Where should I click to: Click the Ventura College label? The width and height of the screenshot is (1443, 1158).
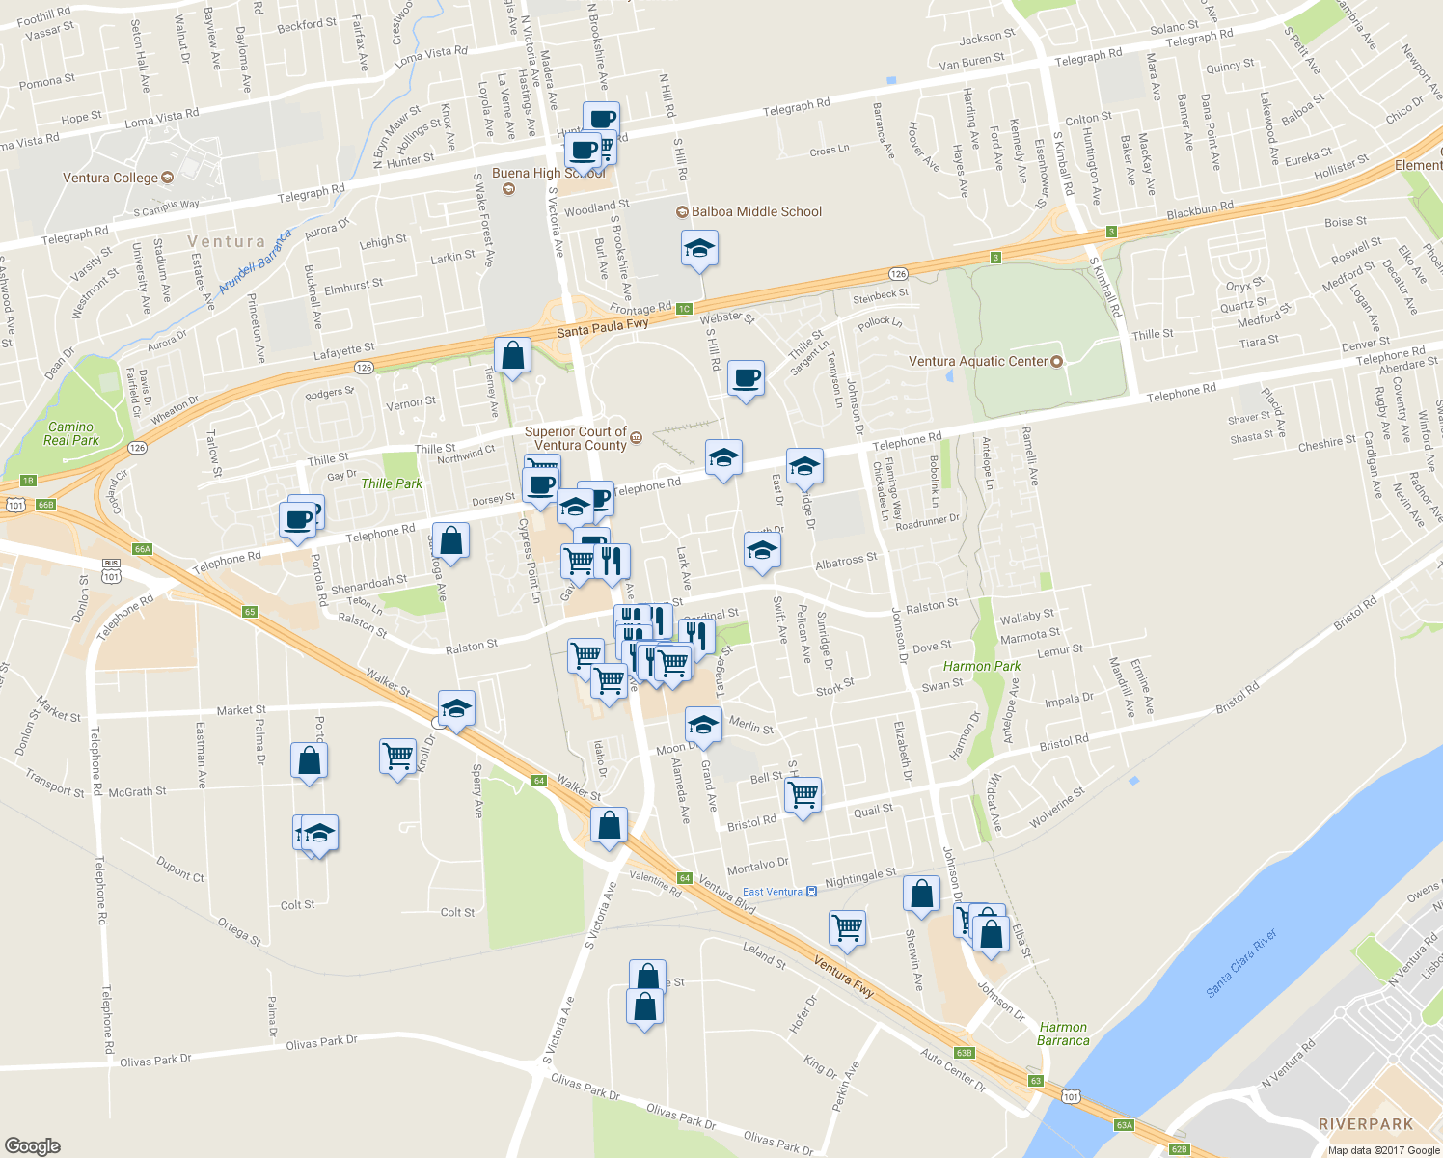click(x=110, y=178)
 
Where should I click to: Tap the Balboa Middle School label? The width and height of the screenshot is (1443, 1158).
click(x=756, y=211)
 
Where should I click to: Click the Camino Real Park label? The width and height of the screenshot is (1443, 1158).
click(x=71, y=433)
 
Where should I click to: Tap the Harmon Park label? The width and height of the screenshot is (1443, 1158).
click(x=981, y=666)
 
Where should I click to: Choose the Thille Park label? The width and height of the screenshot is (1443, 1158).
click(x=392, y=483)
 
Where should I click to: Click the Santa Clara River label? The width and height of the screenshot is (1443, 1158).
click(x=1241, y=963)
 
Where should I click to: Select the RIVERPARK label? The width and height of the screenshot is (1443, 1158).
click(x=1365, y=1124)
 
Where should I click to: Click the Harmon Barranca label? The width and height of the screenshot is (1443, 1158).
click(x=1063, y=1034)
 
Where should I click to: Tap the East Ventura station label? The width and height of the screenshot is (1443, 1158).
click(x=773, y=892)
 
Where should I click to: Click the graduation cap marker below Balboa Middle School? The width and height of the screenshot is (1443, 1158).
click(x=699, y=249)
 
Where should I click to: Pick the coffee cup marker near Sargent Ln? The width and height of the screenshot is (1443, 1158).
click(x=745, y=377)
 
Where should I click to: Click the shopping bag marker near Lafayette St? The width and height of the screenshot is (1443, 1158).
click(x=513, y=355)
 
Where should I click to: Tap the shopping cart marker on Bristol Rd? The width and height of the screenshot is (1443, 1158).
click(x=803, y=795)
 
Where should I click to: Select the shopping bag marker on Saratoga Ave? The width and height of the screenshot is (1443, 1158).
click(x=450, y=540)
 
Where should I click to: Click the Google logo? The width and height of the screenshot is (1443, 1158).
click(x=33, y=1145)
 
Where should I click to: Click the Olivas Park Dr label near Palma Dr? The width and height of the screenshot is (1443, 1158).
click(x=321, y=1042)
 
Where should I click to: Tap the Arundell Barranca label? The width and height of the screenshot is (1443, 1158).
click(x=255, y=262)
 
